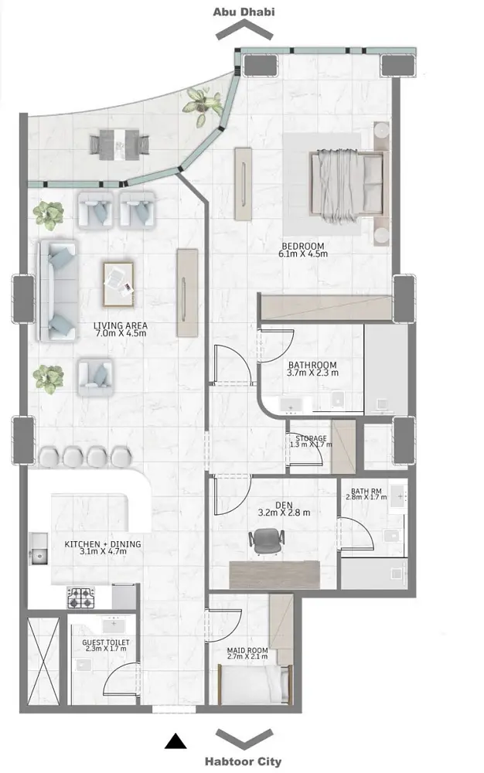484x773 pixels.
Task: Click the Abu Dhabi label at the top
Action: (244, 12)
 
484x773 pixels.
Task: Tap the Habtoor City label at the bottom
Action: (243, 761)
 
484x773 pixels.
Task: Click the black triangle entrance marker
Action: (176, 741)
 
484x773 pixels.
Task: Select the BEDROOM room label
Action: (302, 246)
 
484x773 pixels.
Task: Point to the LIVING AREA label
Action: (121, 326)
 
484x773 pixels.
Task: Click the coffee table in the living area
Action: (118, 284)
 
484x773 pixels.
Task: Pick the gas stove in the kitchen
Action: (81, 598)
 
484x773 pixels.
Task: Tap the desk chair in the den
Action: (266, 541)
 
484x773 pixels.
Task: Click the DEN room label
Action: (284, 505)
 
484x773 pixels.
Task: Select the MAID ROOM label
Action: (247, 650)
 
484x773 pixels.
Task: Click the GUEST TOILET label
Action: (105, 642)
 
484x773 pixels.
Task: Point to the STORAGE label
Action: (311, 438)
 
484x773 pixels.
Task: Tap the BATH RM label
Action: (366, 491)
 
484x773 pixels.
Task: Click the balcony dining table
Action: (119, 145)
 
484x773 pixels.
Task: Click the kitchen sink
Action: (38, 548)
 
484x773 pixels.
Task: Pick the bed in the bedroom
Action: (346, 184)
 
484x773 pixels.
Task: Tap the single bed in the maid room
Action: (254, 683)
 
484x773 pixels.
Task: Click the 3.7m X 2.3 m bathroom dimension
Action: (312, 373)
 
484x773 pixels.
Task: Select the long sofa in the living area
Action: (58, 291)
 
